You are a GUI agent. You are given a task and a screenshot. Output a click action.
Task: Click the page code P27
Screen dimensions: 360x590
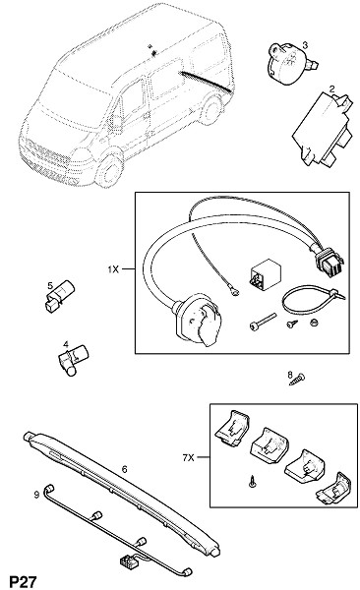pyautogui.click(x=23, y=581)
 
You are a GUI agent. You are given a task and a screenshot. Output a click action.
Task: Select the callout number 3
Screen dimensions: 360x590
pyautogui.click(x=305, y=45)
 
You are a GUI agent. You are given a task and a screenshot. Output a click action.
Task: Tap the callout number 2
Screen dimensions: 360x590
pyautogui.click(x=331, y=89)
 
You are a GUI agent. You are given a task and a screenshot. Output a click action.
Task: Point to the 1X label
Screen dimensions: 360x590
pyautogui.click(x=113, y=269)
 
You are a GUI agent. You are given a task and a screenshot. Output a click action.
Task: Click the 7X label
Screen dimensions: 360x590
pyautogui.click(x=188, y=457)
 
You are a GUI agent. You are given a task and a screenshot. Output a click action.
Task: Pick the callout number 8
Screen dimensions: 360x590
pyautogui.click(x=290, y=375)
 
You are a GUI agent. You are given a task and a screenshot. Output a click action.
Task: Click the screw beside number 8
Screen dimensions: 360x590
pyautogui.click(x=297, y=380)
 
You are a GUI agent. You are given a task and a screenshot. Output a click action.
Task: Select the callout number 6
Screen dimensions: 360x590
pyautogui.click(x=125, y=469)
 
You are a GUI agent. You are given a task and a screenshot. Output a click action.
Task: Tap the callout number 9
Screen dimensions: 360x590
pyautogui.click(x=36, y=494)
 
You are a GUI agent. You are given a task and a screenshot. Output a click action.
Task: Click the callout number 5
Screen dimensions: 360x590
pyautogui.click(x=50, y=285)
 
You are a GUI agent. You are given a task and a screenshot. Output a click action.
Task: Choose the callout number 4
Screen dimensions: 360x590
pyautogui.click(x=66, y=344)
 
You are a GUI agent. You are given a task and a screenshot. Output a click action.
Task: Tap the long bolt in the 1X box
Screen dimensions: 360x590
pyautogui.click(x=263, y=321)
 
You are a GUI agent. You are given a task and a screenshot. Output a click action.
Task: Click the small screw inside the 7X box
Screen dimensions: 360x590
pyautogui.click(x=253, y=481)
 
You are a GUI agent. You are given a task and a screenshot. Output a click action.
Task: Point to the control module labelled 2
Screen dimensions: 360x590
pyautogui.click(x=322, y=130)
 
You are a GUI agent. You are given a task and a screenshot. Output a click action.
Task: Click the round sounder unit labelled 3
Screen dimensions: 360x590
pyautogui.click(x=290, y=64)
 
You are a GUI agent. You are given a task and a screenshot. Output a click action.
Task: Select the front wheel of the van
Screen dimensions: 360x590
pyautogui.click(x=109, y=170)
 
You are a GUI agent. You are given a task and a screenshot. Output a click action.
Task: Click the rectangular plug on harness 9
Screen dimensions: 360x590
pyautogui.click(x=126, y=561)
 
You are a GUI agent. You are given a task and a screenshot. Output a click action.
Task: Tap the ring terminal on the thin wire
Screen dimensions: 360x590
pyautogui.click(x=236, y=291)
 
